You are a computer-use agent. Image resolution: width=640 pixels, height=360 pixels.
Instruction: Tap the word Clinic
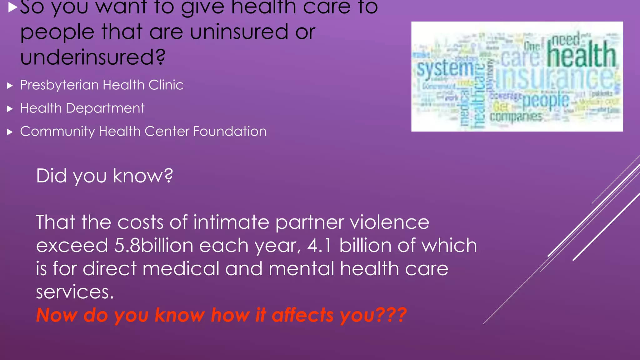166,85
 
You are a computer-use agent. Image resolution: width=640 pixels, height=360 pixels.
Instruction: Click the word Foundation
230,131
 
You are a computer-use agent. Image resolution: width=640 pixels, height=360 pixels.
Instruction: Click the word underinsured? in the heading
92,57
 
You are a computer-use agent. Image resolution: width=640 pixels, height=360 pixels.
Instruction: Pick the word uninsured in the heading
239,32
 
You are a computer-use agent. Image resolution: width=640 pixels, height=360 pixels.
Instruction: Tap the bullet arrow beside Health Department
10,109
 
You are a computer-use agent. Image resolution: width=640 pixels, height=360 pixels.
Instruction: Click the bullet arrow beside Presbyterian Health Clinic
10,86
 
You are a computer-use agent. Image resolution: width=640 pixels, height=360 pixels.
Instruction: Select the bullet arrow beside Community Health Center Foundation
10,132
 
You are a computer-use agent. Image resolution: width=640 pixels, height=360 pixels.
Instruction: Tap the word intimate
231,222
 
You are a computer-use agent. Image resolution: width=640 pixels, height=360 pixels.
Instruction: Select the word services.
75,292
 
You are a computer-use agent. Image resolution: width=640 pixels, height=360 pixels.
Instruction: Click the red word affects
303,315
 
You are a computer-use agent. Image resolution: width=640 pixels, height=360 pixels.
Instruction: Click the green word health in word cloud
581,55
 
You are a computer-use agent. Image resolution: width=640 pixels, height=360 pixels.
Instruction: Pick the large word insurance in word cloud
555,77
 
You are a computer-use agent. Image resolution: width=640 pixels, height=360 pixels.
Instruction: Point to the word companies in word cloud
516,117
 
